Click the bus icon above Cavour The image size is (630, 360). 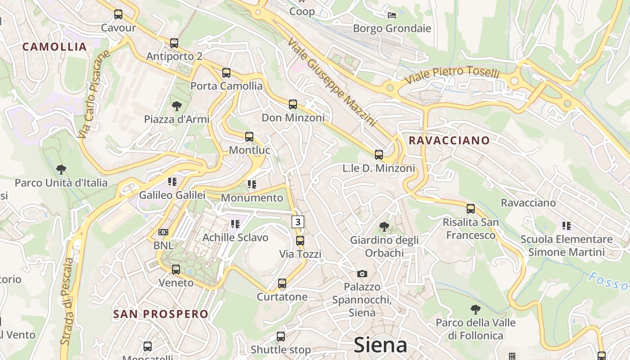[118, 14]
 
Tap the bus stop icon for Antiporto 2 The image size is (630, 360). [174, 43]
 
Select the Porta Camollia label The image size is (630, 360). [226, 85]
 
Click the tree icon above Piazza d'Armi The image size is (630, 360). [177, 106]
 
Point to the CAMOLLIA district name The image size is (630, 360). [54, 47]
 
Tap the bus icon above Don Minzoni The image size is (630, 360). [293, 104]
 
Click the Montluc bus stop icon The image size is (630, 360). [249, 137]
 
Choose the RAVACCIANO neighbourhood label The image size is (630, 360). [449, 140]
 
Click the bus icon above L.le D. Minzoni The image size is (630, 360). [379, 155]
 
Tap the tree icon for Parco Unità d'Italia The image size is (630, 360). [61, 170]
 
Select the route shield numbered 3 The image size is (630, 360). [298, 221]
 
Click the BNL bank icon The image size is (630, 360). [163, 232]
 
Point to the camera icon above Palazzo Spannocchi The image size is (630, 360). [362, 274]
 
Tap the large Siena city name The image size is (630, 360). [380, 345]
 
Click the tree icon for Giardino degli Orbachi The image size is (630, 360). [384, 226]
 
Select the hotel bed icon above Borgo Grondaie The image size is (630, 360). [392, 15]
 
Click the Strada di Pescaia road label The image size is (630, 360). [67, 301]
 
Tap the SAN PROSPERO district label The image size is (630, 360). [161, 314]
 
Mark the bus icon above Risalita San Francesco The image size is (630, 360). [471, 209]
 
